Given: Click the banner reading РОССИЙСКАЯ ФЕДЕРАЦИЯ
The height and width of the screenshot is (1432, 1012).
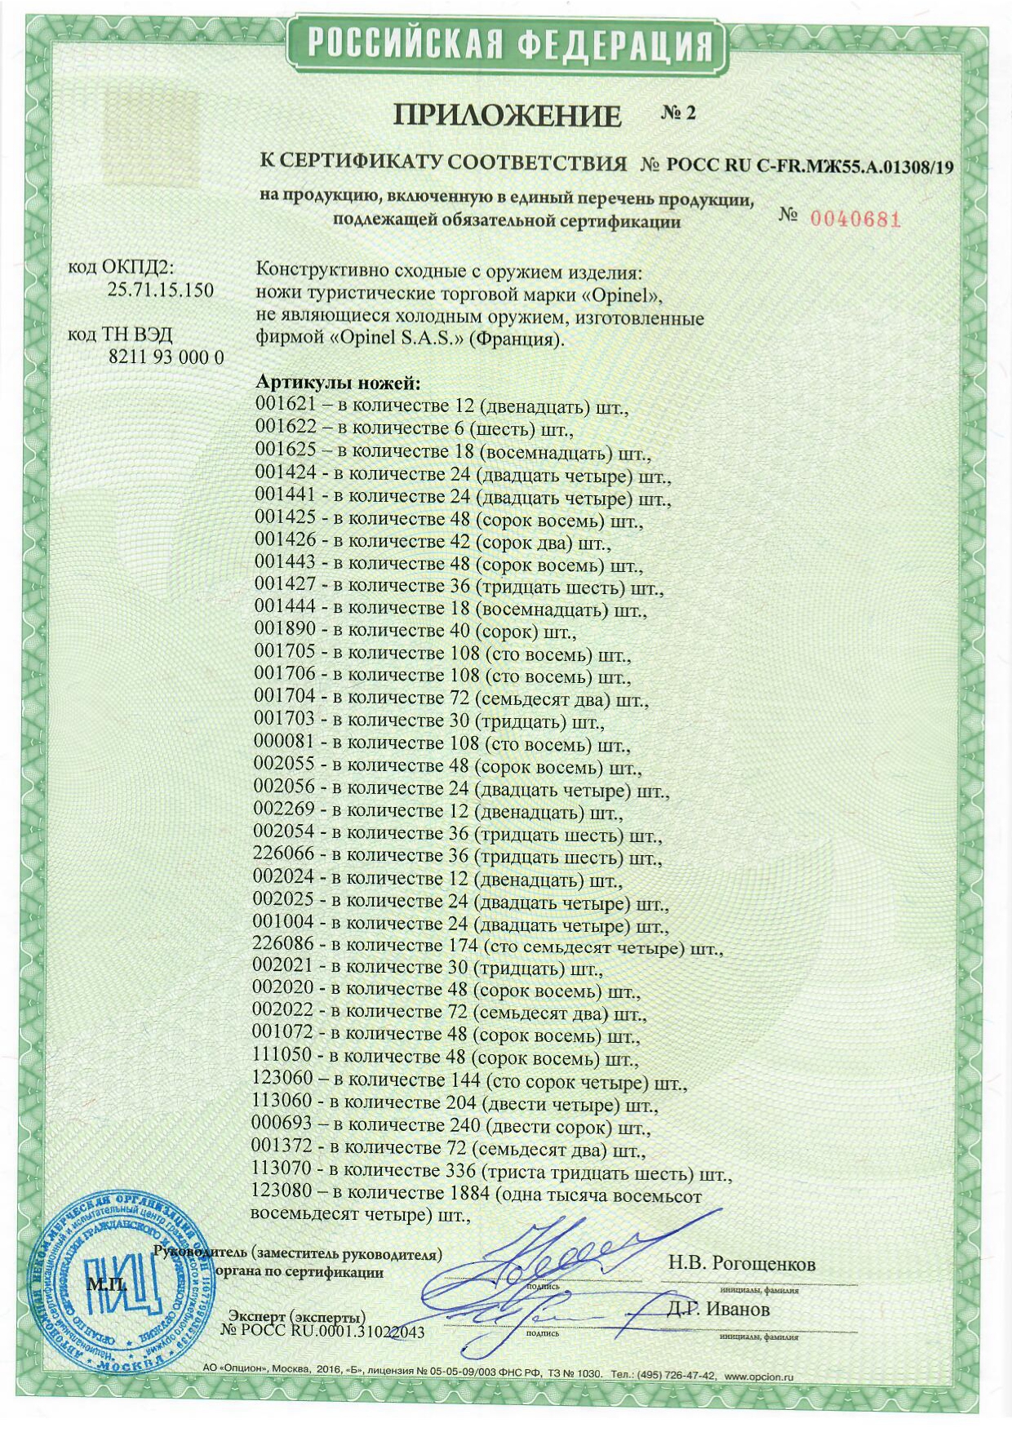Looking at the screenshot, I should click(506, 44).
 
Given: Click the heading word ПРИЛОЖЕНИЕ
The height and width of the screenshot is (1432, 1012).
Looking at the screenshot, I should click(507, 115).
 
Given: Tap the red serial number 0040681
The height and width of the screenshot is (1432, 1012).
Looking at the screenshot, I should click(854, 219).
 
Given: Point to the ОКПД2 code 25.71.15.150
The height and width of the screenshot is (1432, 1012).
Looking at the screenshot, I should click(160, 290).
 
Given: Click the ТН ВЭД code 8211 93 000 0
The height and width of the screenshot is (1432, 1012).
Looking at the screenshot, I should click(166, 357).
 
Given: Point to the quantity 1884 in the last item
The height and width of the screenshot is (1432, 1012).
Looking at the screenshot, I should click(468, 1193).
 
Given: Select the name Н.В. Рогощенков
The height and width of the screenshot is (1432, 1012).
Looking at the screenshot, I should click(741, 1264).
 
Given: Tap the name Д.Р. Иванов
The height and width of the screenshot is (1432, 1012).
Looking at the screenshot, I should click(717, 1310).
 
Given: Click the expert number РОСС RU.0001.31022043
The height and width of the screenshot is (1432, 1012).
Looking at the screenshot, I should click(322, 1331).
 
